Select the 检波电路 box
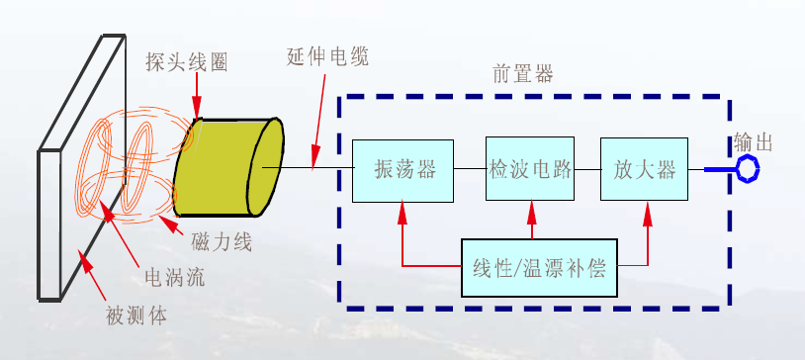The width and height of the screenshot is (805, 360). click(x=530, y=170)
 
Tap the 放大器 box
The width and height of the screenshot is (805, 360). click(x=644, y=170)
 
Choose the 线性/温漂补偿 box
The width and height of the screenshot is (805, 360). click(x=539, y=267)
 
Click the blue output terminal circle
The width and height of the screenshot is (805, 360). click(x=747, y=169)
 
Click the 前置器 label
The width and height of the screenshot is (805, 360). click(x=523, y=74)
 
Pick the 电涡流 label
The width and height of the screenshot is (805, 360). click(x=174, y=278)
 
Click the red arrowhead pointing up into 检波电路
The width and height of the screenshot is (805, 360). click(x=531, y=211)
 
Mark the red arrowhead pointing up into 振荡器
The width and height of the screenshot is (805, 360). click(x=403, y=211)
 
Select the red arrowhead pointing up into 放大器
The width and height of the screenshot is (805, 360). click(x=649, y=211)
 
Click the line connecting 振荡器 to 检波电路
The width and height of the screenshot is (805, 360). click(x=469, y=170)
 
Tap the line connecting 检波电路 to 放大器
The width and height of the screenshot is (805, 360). click(x=587, y=170)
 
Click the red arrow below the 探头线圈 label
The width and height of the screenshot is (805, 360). click(x=198, y=99)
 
